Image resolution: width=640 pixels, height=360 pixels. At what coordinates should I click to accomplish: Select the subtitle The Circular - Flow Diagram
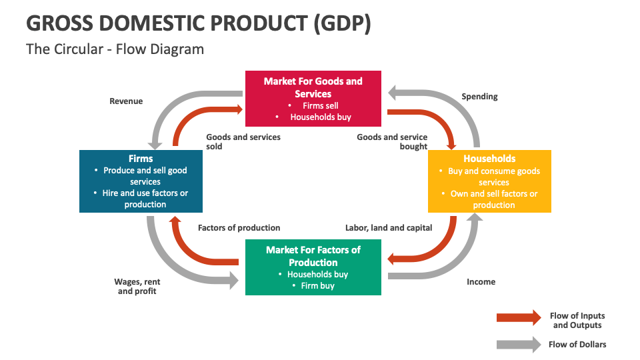[x=115, y=49]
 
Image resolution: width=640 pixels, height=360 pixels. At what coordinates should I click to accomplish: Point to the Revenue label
[x=126, y=101]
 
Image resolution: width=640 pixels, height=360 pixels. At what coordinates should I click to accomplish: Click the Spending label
[x=479, y=97]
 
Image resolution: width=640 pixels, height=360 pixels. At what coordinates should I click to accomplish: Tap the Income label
[x=481, y=282]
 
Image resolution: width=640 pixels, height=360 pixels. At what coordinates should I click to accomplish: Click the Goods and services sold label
[x=243, y=141]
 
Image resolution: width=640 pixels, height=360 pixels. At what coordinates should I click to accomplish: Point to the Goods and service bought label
[x=392, y=141]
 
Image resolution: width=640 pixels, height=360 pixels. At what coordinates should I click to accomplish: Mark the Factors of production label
[x=239, y=228]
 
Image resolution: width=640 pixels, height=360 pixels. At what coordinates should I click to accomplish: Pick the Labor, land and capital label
[x=389, y=228]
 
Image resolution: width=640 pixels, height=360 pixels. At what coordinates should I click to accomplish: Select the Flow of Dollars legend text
[x=577, y=345]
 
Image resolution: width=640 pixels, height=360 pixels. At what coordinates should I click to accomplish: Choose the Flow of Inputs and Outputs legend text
[x=577, y=321]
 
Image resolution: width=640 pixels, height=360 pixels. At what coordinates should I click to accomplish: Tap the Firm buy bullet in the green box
[x=318, y=286]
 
